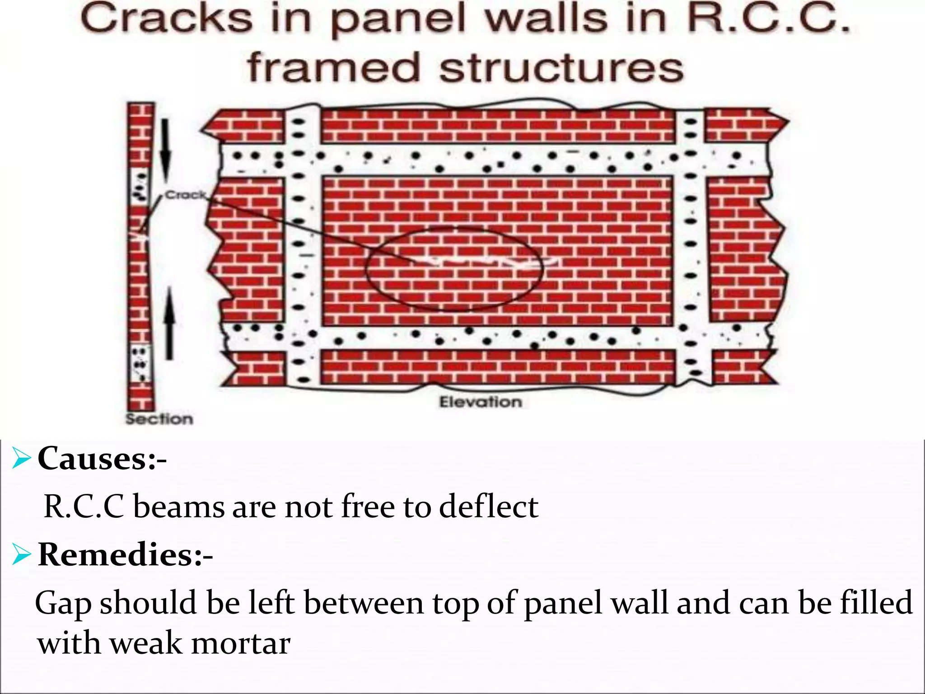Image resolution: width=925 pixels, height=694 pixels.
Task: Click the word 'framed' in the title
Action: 334,68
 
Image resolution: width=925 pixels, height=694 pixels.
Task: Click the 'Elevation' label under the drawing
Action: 480,402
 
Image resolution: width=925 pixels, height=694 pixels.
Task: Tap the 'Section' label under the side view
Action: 159,419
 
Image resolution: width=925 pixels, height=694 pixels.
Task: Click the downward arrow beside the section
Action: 166,149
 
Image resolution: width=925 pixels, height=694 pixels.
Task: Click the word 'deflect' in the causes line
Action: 489,506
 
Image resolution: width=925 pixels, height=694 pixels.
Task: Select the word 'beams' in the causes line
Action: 179,506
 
